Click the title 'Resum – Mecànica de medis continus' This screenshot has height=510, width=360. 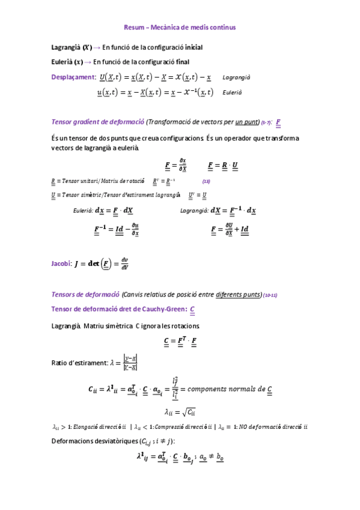coord(179,27)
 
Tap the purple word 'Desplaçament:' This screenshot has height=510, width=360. coord(73,77)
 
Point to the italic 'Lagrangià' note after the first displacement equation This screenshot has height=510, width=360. coord(236,78)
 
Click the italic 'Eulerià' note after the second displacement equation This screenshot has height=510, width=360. coord(232,93)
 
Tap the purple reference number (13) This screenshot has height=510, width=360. coord(206,182)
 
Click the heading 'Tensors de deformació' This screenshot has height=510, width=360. coord(86,295)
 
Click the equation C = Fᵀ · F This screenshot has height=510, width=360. coord(180,342)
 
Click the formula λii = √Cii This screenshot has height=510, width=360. coord(180,412)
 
